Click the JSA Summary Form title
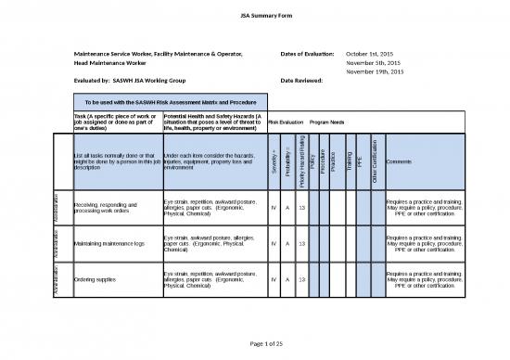(254, 15)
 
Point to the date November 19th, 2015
(375, 71)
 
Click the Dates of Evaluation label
(307, 55)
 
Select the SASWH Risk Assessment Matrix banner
(164, 100)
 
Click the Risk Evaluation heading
(286, 122)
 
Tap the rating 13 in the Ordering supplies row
(302, 278)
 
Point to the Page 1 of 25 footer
(254, 345)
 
